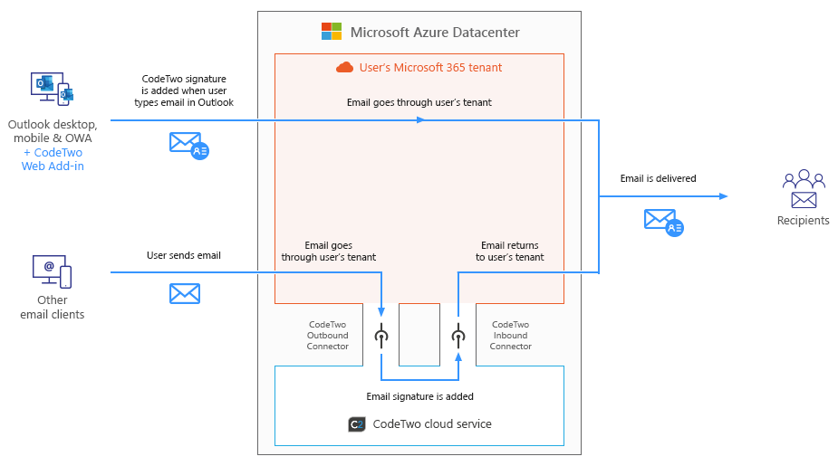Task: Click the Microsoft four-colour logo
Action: (332, 32)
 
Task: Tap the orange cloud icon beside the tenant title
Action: (345, 67)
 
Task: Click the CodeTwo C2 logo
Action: (357, 424)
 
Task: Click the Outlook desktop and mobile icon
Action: (52, 90)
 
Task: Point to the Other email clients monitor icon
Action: (52, 271)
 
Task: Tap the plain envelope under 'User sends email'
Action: (185, 293)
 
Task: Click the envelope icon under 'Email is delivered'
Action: (664, 223)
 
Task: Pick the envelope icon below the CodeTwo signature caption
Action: (189, 146)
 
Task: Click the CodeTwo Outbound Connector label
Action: (328, 335)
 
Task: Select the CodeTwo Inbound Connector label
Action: (510, 335)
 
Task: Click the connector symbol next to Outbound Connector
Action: (381, 336)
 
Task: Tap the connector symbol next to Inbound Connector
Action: (458, 336)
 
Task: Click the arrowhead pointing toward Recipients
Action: (724, 196)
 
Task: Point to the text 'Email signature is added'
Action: (420, 396)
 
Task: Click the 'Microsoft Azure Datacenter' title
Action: (435, 33)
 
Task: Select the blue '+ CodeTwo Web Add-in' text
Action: (53, 159)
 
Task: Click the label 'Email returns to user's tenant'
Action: (510, 252)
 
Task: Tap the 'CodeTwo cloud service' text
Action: (432, 423)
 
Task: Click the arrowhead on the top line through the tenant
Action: (421, 120)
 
